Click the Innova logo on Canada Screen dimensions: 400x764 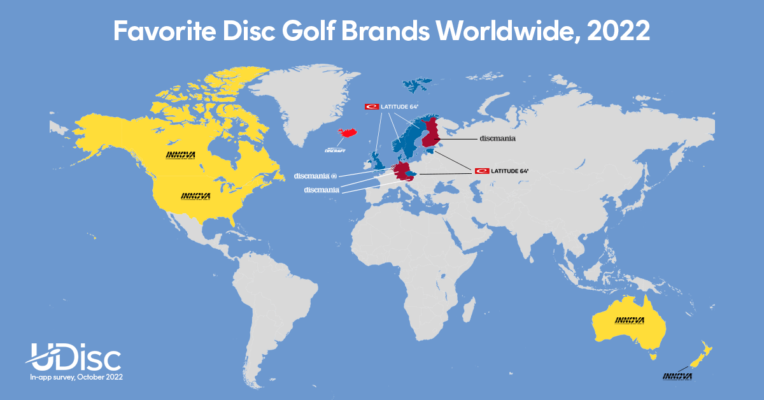[181, 155]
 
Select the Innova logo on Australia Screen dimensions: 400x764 [629, 320]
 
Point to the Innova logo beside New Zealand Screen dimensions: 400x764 [676, 376]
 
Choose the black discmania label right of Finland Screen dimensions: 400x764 [497, 138]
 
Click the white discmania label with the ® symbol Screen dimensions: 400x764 [315, 175]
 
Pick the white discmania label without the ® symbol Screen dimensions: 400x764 [322, 190]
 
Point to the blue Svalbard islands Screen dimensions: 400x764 [418, 85]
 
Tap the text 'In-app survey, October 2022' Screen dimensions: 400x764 [76, 378]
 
